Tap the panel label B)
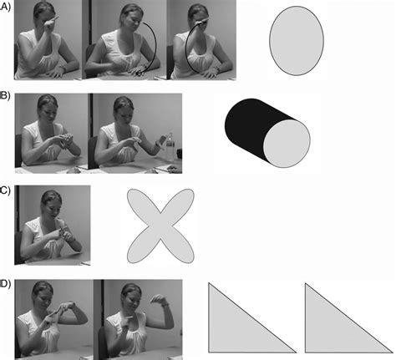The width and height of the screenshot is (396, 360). pos(7,98)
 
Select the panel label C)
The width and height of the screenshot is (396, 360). pos(7,190)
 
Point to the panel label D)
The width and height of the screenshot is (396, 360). pos(7,283)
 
